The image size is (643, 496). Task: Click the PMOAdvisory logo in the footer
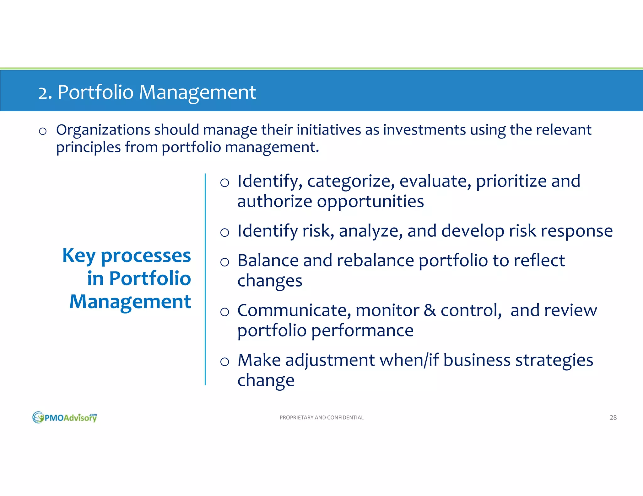click(65, 417)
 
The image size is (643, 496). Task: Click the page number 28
click(613, 417)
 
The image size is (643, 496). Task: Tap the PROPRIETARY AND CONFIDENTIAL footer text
click(321, 417)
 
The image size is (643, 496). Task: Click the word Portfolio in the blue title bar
click(95, 92)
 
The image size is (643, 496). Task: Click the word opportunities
click(370, 201)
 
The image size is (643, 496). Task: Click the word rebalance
click(375, 261)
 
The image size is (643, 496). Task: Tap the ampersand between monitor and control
click(430, 310)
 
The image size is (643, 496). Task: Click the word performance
click(362, 331)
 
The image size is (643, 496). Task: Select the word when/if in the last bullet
click(409, 360)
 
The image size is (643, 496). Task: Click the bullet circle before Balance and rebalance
click(224, 262)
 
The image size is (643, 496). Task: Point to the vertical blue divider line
click(205, 279)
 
